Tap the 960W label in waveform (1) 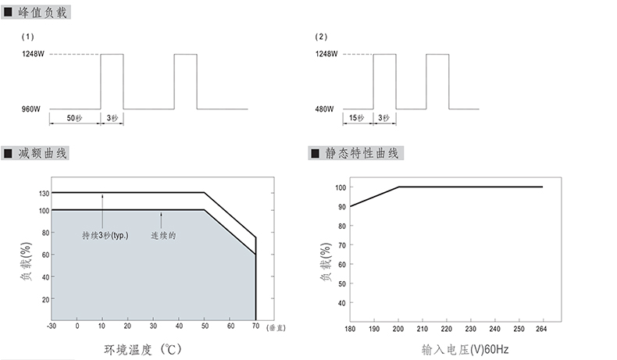coord(31,109)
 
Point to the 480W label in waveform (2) coord(324,109)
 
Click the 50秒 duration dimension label coord(74,118)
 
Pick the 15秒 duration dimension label coord(356,118)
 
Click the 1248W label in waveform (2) coord(326,54)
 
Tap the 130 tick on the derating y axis coord(44,193)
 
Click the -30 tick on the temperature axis coord(51,326)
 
